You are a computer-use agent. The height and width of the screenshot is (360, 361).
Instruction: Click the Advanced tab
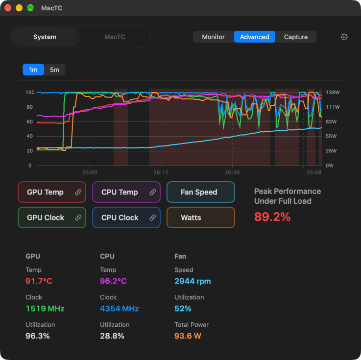(254, 37)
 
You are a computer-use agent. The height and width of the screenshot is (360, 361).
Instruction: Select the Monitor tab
(213, 37)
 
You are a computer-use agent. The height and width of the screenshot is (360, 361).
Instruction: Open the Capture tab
(296, 37)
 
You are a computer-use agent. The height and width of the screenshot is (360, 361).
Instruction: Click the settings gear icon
(344, 37)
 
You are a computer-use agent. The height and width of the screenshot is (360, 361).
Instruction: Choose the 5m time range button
(54, 70)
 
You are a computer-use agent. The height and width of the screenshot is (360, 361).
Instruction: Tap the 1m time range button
(33, 70)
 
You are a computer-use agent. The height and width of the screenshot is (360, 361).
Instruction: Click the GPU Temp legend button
(52, 192)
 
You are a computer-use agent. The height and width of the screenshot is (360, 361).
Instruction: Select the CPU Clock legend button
(126, 217)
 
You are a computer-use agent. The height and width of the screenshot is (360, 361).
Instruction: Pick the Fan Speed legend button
(201, 192)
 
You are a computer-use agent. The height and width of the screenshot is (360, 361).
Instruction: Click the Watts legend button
(201, 217)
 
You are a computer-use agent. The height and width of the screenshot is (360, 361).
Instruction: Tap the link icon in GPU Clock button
(78, 217)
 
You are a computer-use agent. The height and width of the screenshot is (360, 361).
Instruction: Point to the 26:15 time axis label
(161, 172)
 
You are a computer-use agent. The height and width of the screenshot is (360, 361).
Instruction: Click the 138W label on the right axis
(333, 92)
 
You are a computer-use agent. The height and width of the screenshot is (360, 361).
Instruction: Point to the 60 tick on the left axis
(30, 121)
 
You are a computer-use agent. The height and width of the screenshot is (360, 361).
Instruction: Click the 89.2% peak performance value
(272, 216)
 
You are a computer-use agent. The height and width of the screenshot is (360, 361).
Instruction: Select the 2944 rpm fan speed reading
(193, 281)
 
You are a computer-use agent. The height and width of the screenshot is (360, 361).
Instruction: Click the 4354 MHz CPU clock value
(119, 309)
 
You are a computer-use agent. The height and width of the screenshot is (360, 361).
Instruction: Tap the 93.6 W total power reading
(188, 336)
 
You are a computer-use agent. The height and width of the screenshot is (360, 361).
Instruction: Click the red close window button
(8, 8)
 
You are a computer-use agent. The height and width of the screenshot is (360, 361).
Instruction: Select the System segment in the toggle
(45, 37)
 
